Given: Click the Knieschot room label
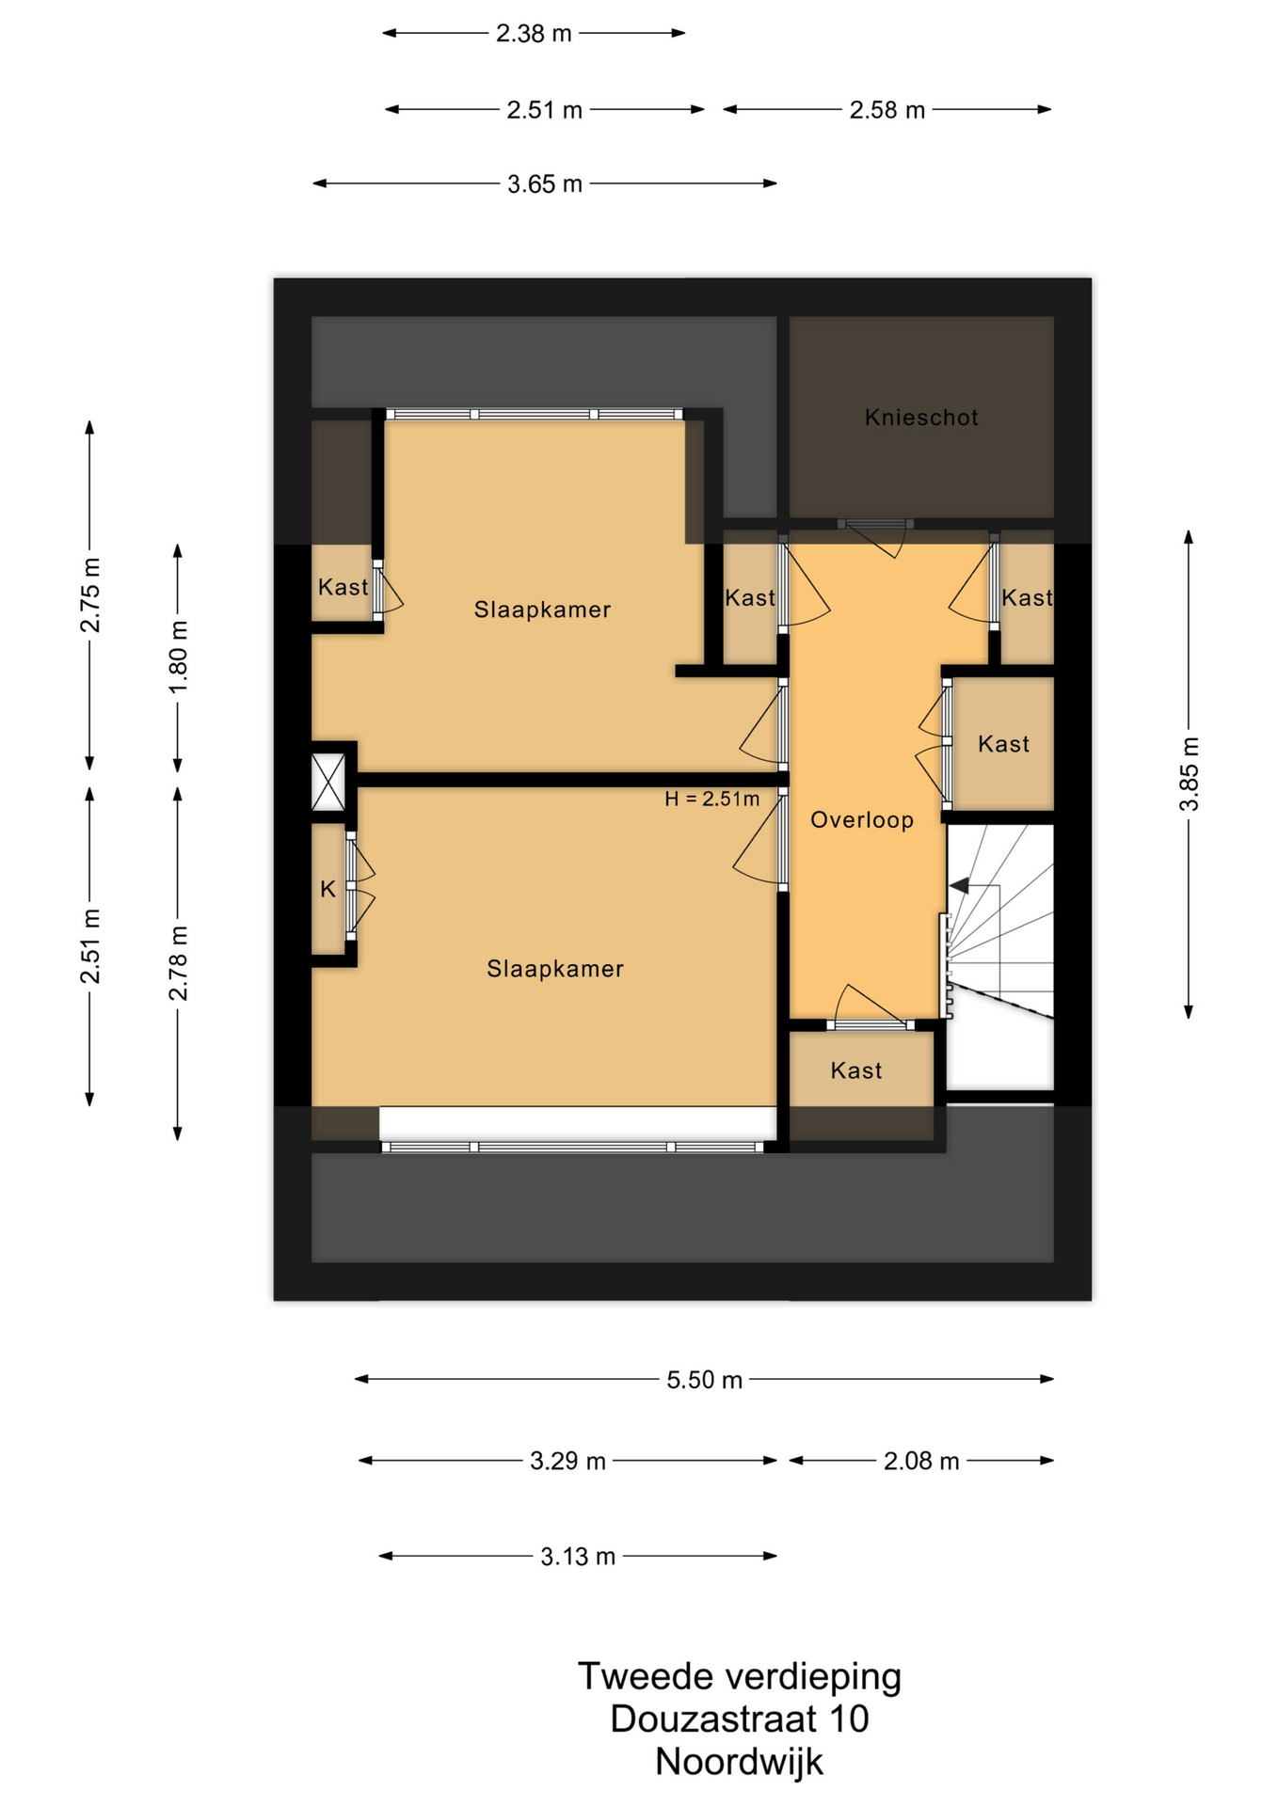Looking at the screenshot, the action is [921, 418].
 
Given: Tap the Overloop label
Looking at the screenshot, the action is [862, 820].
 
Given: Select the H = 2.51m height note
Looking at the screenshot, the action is [711, 800].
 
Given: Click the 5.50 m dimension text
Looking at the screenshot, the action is [705, 1380].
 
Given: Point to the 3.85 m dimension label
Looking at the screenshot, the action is [1190, 774].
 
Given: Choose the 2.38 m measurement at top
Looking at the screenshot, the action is [534, 34].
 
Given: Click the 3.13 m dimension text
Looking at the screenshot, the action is [578, 1557].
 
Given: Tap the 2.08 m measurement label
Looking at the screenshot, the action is [921, 1461].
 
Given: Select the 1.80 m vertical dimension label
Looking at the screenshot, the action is [179, 657].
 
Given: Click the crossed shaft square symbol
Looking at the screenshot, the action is [328, 782].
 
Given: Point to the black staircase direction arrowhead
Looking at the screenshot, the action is [959, 885].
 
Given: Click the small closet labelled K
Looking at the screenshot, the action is [328, 889].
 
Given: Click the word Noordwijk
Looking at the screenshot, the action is [739, 1762].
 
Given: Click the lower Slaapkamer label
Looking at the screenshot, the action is [555, 969].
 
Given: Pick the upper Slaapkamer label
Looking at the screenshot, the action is [542, 610].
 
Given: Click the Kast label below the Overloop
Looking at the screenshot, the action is [856, 1070].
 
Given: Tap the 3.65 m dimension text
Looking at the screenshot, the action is [545, 184].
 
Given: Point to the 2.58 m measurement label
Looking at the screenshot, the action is [887, 111].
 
